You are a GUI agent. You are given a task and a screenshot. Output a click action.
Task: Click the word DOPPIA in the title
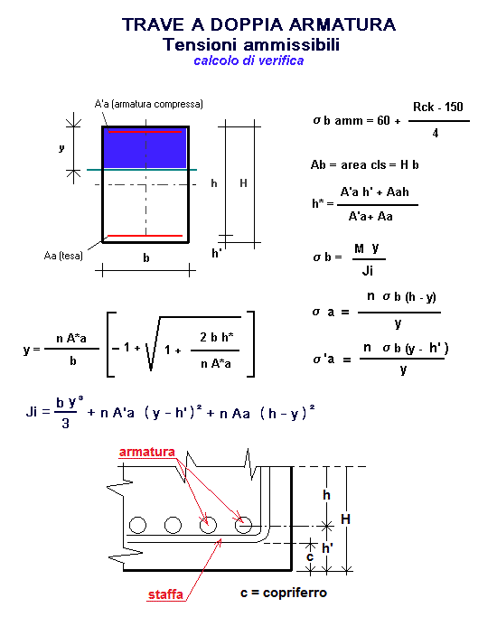[247, 24]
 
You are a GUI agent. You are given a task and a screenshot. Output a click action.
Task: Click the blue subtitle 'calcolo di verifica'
[248, 61]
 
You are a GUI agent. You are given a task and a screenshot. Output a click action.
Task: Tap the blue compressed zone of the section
[145, 148]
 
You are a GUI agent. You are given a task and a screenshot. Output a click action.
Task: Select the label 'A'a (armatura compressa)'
[149, 104]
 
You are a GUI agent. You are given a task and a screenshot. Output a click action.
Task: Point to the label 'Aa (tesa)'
[63, 256]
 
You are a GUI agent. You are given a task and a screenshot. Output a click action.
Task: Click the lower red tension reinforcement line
[145, 236]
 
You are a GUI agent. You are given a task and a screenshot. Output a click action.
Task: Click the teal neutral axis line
[142, 170]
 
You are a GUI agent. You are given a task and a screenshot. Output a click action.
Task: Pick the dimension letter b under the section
[146, 257]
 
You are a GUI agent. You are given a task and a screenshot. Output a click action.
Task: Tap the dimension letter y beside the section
[61, 148]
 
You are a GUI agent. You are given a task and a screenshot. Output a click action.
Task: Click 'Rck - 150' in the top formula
[438, 107]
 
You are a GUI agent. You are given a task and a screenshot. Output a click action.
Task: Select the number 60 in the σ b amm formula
[383, 120]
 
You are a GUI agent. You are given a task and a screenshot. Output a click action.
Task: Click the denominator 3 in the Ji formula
[65, 424]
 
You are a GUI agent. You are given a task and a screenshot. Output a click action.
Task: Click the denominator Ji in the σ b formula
[368, 271]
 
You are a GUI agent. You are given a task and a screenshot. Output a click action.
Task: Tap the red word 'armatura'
[146, 452]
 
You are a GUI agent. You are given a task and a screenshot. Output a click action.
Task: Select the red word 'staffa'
[165, 594]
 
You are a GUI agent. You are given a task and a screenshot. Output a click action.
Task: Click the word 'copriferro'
[295, 593]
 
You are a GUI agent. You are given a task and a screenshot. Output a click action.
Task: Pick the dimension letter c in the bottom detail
[310, 557]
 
